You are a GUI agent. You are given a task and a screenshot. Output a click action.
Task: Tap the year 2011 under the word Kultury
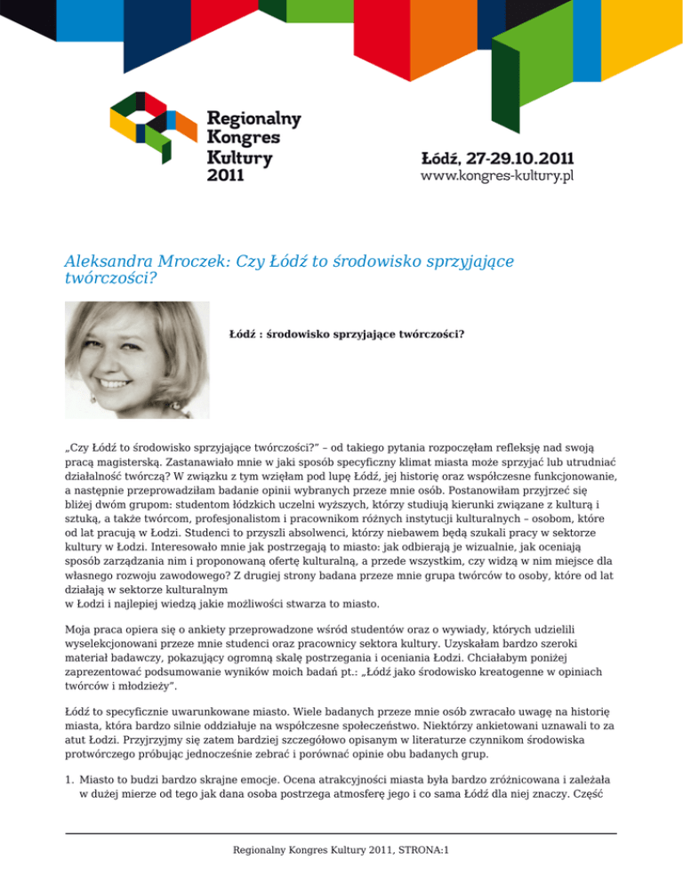tap(226, 175)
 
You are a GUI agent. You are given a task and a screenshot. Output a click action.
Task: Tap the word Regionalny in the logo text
tap(253, 118)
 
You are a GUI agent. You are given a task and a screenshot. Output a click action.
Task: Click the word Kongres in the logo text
tap(243, 138)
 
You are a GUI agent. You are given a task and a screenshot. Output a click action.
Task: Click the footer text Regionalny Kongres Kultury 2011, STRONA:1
tap(341, 849)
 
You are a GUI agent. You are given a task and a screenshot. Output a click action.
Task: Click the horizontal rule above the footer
tap(341, 833)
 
